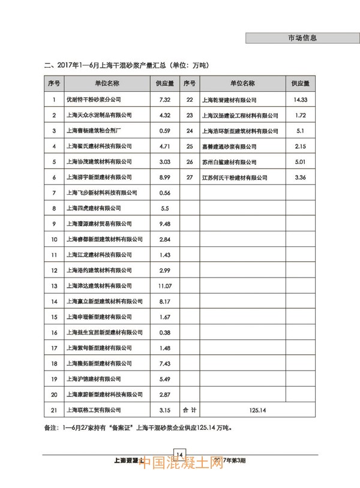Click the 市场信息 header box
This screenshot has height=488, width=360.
[x=302, y=38]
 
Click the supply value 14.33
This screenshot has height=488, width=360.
[x=301, y=100]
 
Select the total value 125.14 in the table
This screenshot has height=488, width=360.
[x=254, y=410]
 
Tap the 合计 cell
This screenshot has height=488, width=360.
[x=190, y=410]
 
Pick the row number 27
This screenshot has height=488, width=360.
[x=190, y=177]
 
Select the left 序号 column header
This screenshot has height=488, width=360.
[x=54, y=83]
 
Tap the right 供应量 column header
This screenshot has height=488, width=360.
[x=301, y=83]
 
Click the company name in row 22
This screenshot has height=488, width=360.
[x=230, y=100]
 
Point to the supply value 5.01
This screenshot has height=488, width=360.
[x=301, y=162]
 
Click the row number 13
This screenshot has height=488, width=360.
[x=54, y=286]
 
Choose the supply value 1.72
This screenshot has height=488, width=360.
[x=301, y=115]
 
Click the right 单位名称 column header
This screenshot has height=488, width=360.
[x=242, y=83]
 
